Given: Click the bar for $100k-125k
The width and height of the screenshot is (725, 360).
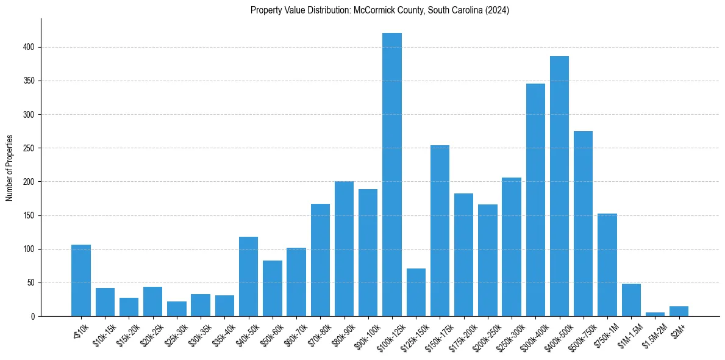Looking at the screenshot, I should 392,175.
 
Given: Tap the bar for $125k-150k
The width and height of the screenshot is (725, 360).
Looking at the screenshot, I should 416,292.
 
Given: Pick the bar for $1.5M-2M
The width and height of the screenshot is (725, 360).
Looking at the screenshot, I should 655,314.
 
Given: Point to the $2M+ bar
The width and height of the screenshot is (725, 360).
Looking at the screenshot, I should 679,311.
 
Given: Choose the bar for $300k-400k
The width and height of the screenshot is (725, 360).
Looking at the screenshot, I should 535,200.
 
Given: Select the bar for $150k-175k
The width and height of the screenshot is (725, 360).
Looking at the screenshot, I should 440,231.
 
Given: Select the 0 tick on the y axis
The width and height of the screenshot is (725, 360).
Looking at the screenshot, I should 34,317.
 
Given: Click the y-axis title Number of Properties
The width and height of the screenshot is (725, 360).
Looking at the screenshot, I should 9,168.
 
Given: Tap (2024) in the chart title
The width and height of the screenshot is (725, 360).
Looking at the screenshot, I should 498,10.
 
